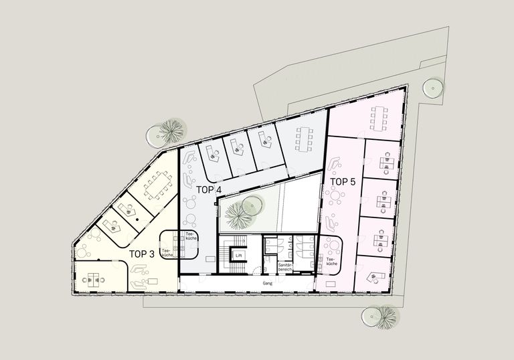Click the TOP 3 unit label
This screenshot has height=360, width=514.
[141, 254]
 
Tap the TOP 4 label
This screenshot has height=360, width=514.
[209, 189]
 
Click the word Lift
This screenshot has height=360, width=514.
[238, 255]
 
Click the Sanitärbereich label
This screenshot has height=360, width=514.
[284, 267]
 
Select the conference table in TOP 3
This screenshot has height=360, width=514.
[159, 183]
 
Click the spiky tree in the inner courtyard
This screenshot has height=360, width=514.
[237, 214]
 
